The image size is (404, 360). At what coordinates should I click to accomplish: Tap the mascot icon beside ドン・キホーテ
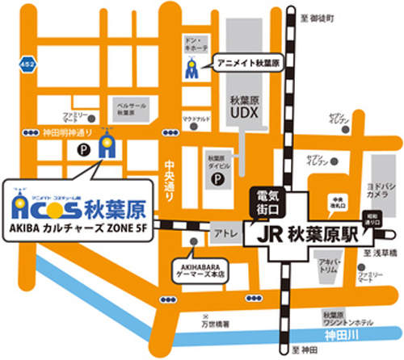tap(191, 71)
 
